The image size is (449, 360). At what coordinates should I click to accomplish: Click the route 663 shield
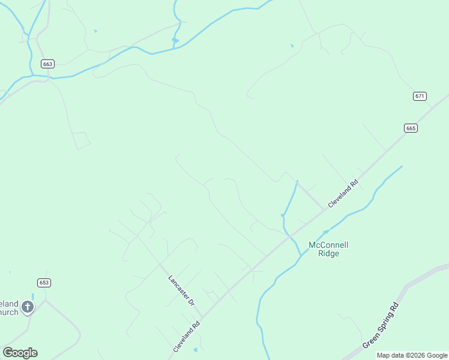click(48, 64)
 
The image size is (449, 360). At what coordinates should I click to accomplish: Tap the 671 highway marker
click(420, 96)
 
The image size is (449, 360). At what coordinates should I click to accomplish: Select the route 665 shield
click(411, 128)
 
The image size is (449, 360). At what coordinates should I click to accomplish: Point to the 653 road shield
click(44, 283)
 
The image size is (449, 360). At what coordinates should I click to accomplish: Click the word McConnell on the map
click(328, 245)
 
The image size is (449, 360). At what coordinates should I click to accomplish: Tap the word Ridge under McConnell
click(328, 253)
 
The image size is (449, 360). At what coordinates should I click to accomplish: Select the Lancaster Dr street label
click(181, 291)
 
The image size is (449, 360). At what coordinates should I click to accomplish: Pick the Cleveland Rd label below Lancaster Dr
click(186, 338)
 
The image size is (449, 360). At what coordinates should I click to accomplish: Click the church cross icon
click(27, 307)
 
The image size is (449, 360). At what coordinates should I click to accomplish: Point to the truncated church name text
click(9, 308)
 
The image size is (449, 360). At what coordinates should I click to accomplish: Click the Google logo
click(20, 353)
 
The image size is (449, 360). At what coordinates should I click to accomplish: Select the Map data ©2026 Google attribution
click(412, 356)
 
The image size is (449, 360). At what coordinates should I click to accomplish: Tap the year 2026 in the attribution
click(416, 356)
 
